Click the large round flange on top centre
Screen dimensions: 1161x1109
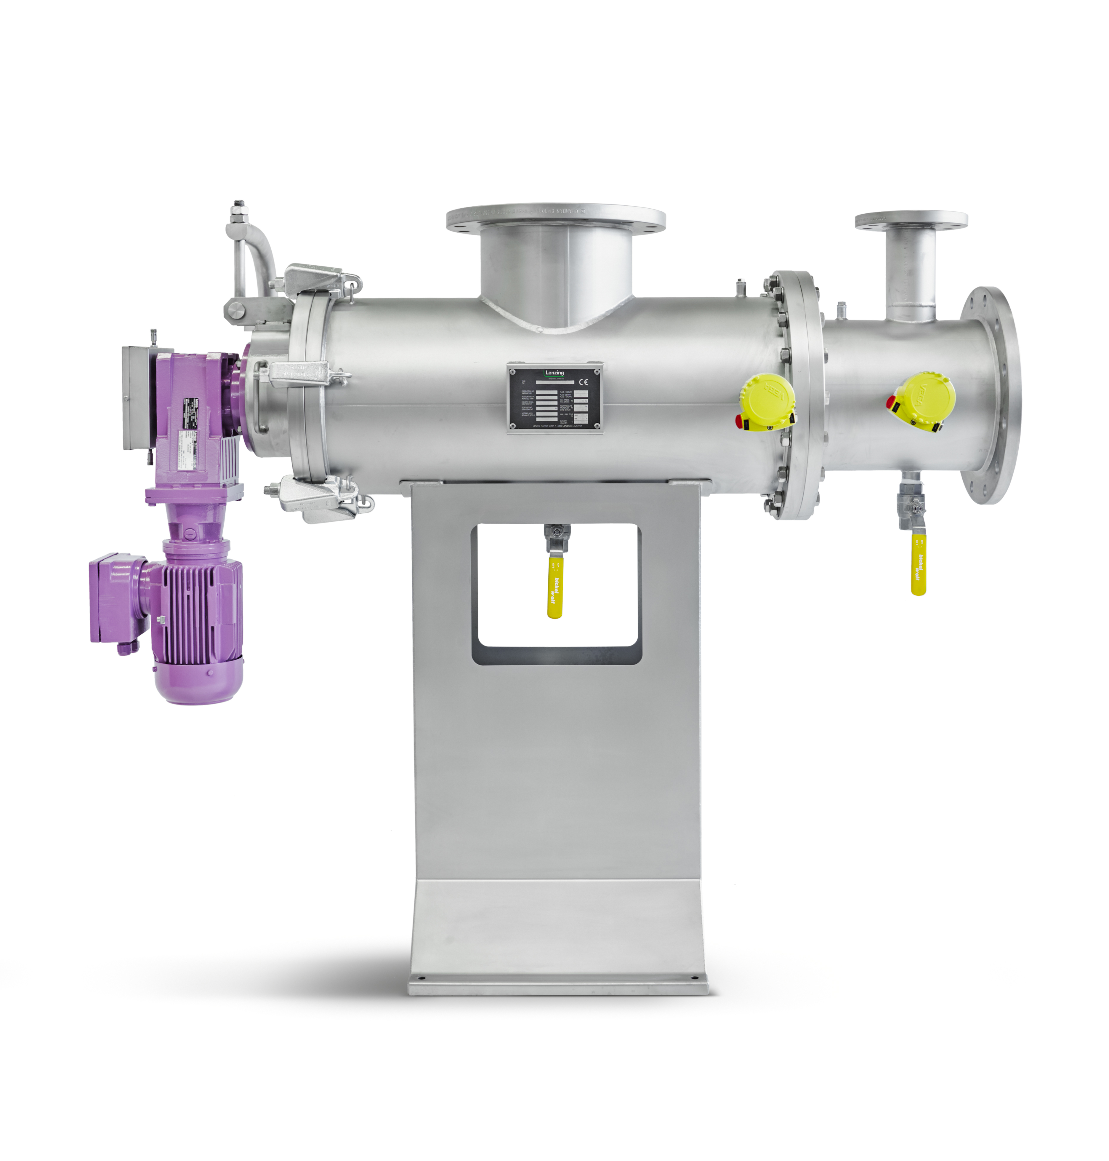(556, 218)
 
